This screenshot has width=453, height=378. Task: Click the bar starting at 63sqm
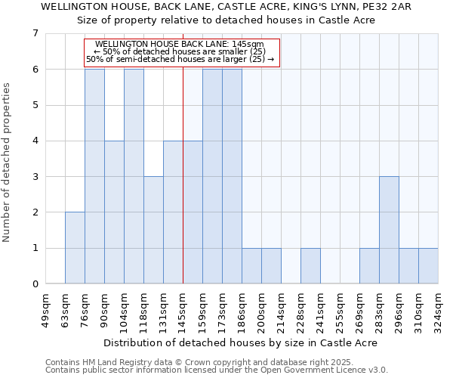click(x=75, y=248)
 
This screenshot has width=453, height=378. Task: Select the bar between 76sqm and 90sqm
click(x=94, y=176)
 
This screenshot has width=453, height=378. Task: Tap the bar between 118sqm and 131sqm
click(x=153, y=230)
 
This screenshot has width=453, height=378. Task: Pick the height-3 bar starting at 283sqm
click(x=389, y=230)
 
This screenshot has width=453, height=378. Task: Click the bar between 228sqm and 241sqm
click(x=310, y=266)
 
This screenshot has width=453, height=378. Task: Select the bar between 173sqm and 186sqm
click(x=232, y=176)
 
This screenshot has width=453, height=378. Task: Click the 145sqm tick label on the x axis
click(x=183, y=309)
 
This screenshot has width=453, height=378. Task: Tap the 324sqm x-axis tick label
click(x=439, y=309)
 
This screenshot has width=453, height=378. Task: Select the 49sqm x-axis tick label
click(x=46, y=309)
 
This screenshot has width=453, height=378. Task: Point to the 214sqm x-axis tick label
click(x=282, y=309)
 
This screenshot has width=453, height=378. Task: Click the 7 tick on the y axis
click(x=35, y=33)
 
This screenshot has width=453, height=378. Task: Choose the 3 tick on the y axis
click(x=35, y=177)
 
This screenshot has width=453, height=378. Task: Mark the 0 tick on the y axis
click(x=35, y=284)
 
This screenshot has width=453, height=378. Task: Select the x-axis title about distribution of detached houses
click(x=240, y=342)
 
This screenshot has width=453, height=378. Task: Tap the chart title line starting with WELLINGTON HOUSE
click(x=226, y=6)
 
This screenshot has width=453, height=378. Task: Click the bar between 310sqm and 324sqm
click(x=428, y=266)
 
